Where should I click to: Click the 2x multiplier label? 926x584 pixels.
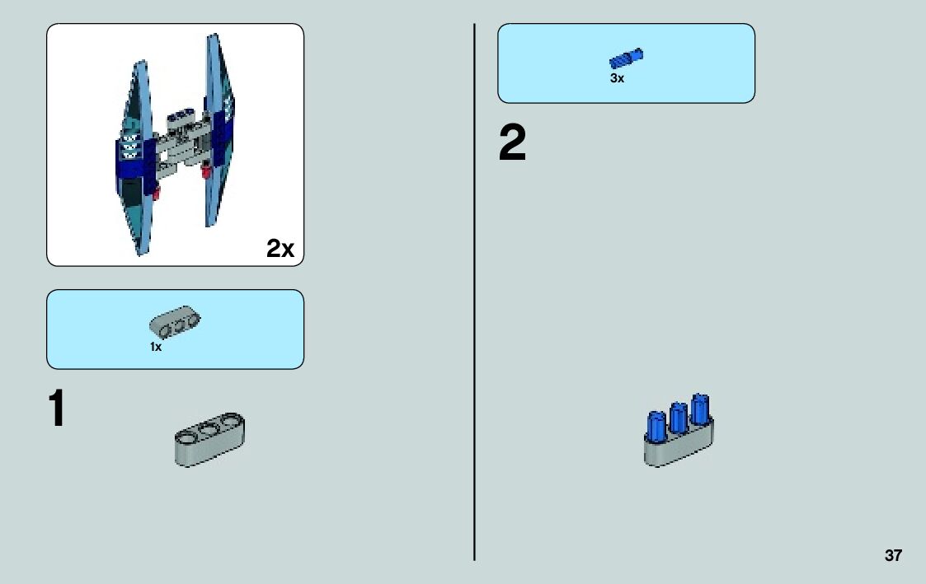280,248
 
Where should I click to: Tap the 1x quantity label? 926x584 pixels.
156,348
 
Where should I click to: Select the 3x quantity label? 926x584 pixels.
618,79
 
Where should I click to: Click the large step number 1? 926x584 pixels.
56,409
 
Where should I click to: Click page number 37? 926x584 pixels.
893,555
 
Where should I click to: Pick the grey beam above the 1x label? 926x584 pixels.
176,324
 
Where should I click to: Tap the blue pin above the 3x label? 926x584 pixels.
627,58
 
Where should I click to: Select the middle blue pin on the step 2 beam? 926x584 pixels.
679,417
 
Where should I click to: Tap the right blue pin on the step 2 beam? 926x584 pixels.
700,409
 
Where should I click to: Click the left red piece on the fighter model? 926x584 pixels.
154,194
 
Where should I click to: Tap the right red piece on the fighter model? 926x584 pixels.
205,171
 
